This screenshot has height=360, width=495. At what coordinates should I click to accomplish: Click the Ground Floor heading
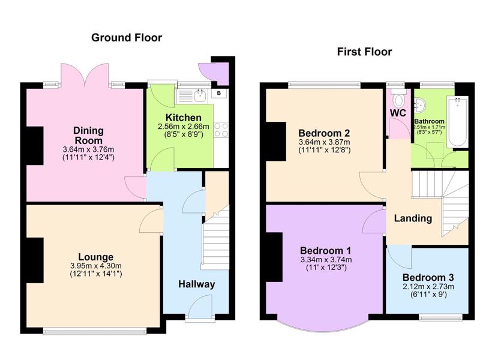[x=127, y=38]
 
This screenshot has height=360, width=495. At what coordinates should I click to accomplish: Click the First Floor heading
[x=365, y=52]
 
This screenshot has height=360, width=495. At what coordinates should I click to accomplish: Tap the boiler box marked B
[x=219, y=94]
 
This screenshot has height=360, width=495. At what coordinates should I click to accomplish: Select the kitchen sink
[x=200, y=96]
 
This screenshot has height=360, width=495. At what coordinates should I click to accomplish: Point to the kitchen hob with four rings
[x=221, y=130]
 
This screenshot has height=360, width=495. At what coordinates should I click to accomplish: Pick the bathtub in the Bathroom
[x=457, y=122]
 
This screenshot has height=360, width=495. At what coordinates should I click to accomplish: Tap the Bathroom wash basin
[x=420, y=104]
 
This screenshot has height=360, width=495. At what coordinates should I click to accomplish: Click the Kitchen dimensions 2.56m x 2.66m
[x=184, y=127]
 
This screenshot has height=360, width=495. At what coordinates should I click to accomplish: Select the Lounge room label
[x=95, y=257]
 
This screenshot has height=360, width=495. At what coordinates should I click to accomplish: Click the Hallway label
[x=197, y=284]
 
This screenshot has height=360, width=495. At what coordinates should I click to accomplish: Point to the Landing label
[x=413, y=218]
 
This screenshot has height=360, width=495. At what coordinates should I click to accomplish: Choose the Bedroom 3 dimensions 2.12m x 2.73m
[x=428, y=287]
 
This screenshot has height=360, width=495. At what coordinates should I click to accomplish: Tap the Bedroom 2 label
[x=324, y=133]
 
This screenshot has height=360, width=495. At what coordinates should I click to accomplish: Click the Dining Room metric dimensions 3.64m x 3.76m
[x=88, y=149]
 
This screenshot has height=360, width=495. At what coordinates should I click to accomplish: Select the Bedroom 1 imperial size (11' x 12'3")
[x=326, y=268]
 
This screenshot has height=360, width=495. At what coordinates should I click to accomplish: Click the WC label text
[x=398, y=113]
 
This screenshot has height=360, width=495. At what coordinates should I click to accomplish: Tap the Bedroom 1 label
[x=325, y=251]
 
